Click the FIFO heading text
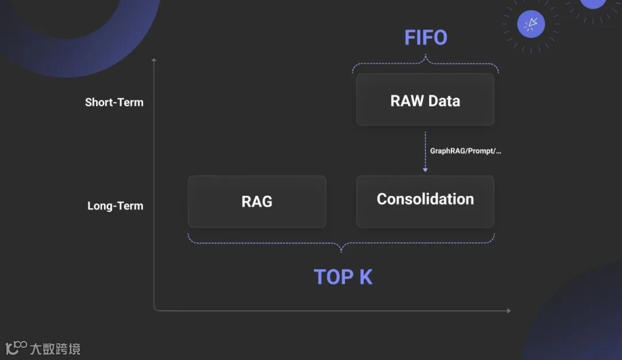426,37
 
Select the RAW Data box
425,99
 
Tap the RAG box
257,202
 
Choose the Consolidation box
425,201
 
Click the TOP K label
343,277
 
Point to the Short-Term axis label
114,103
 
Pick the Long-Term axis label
115,206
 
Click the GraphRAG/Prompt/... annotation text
465,151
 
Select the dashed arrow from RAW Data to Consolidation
425,151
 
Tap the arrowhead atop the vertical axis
154,59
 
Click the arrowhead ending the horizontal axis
508,310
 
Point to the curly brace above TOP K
341,244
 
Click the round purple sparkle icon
531,24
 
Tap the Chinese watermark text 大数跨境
55,348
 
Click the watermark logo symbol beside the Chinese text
16,347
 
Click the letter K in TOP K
366,277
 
